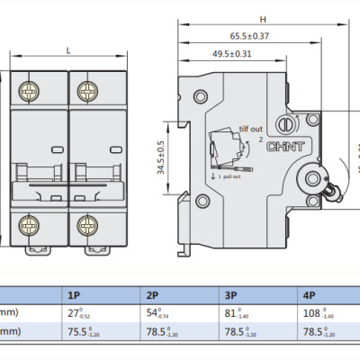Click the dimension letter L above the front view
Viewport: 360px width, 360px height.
click(69, 51)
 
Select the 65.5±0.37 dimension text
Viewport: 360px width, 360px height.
click(237, 36)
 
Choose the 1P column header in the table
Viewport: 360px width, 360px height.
click(76, 295)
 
